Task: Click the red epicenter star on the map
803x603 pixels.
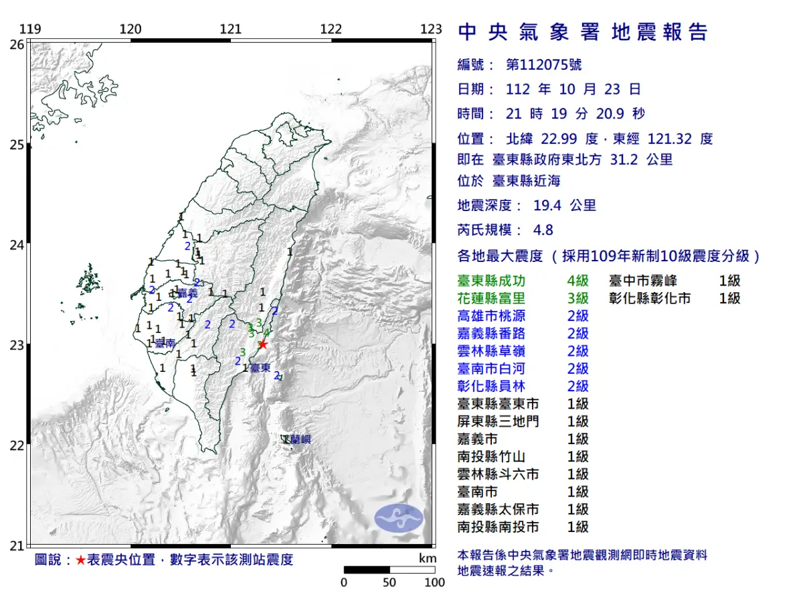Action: pos(263,344)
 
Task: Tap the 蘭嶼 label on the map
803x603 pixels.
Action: pos(298,440)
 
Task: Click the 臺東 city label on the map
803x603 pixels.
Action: pos(260,368)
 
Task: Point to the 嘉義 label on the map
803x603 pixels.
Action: pos(188,293)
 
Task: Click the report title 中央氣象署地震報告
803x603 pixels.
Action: pos(582,31)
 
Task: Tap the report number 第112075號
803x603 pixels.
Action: pos(543,65)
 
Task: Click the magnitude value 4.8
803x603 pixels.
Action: pos(543,230)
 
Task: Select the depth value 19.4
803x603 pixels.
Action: pos(546,206)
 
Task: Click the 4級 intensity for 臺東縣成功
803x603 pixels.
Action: pos(577,281)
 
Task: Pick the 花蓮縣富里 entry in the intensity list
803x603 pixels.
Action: pos(490,298)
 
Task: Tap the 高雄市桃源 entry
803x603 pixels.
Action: pos(490,316)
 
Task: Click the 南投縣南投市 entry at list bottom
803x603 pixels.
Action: pos(499,527)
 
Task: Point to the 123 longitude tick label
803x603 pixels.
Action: pos(432,29)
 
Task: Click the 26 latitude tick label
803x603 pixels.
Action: pos(18,44)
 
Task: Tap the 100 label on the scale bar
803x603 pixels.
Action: pos(434,582)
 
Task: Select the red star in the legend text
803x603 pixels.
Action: pos(80,560)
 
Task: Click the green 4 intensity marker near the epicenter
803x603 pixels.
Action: pos(266,332)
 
